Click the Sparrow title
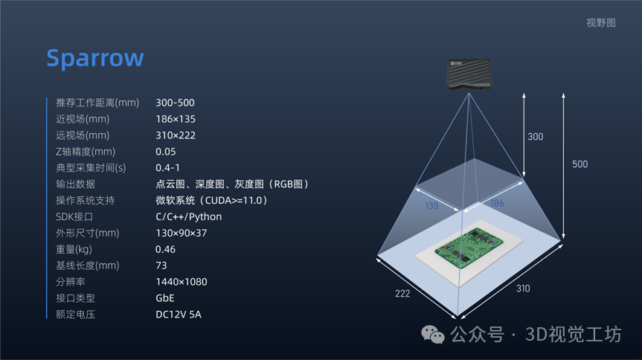pos(95,58)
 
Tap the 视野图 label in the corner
pos(601,23)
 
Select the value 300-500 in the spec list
pos(175,103)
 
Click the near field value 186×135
pos(176,119)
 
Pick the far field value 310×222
pos(176,135)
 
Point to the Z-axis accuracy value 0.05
pos(165,152)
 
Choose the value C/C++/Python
pos(188,216)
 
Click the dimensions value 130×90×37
pos(181,233)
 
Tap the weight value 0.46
pos(165,249)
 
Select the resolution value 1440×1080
pos(181,282)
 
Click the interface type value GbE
pos(164,298)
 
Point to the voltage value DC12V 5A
pos(178,315)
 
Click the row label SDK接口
pos(76,216)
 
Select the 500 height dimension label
pos(580,164)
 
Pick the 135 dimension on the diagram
pos(431,206)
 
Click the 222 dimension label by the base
pos(402,293)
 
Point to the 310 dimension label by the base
pos(522,289)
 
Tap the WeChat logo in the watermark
pos(434,335)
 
